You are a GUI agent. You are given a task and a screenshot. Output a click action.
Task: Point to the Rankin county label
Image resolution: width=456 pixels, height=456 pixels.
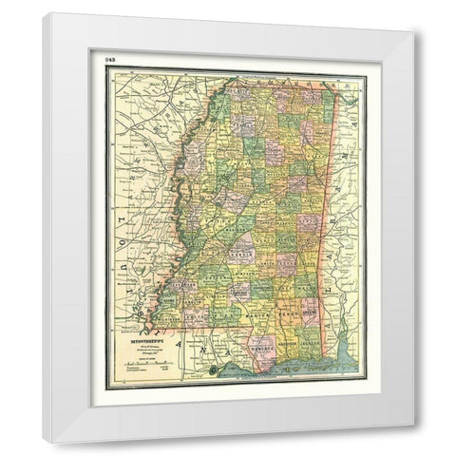pyautogui.click(x=241, y=242)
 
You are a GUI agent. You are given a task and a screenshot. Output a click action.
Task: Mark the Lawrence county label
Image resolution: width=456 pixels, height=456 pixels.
pyautogui.click(x=227, y=285)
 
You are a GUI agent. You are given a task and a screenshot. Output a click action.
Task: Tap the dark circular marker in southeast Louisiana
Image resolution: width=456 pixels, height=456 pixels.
pyautogui.click(x=216, y=369)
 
